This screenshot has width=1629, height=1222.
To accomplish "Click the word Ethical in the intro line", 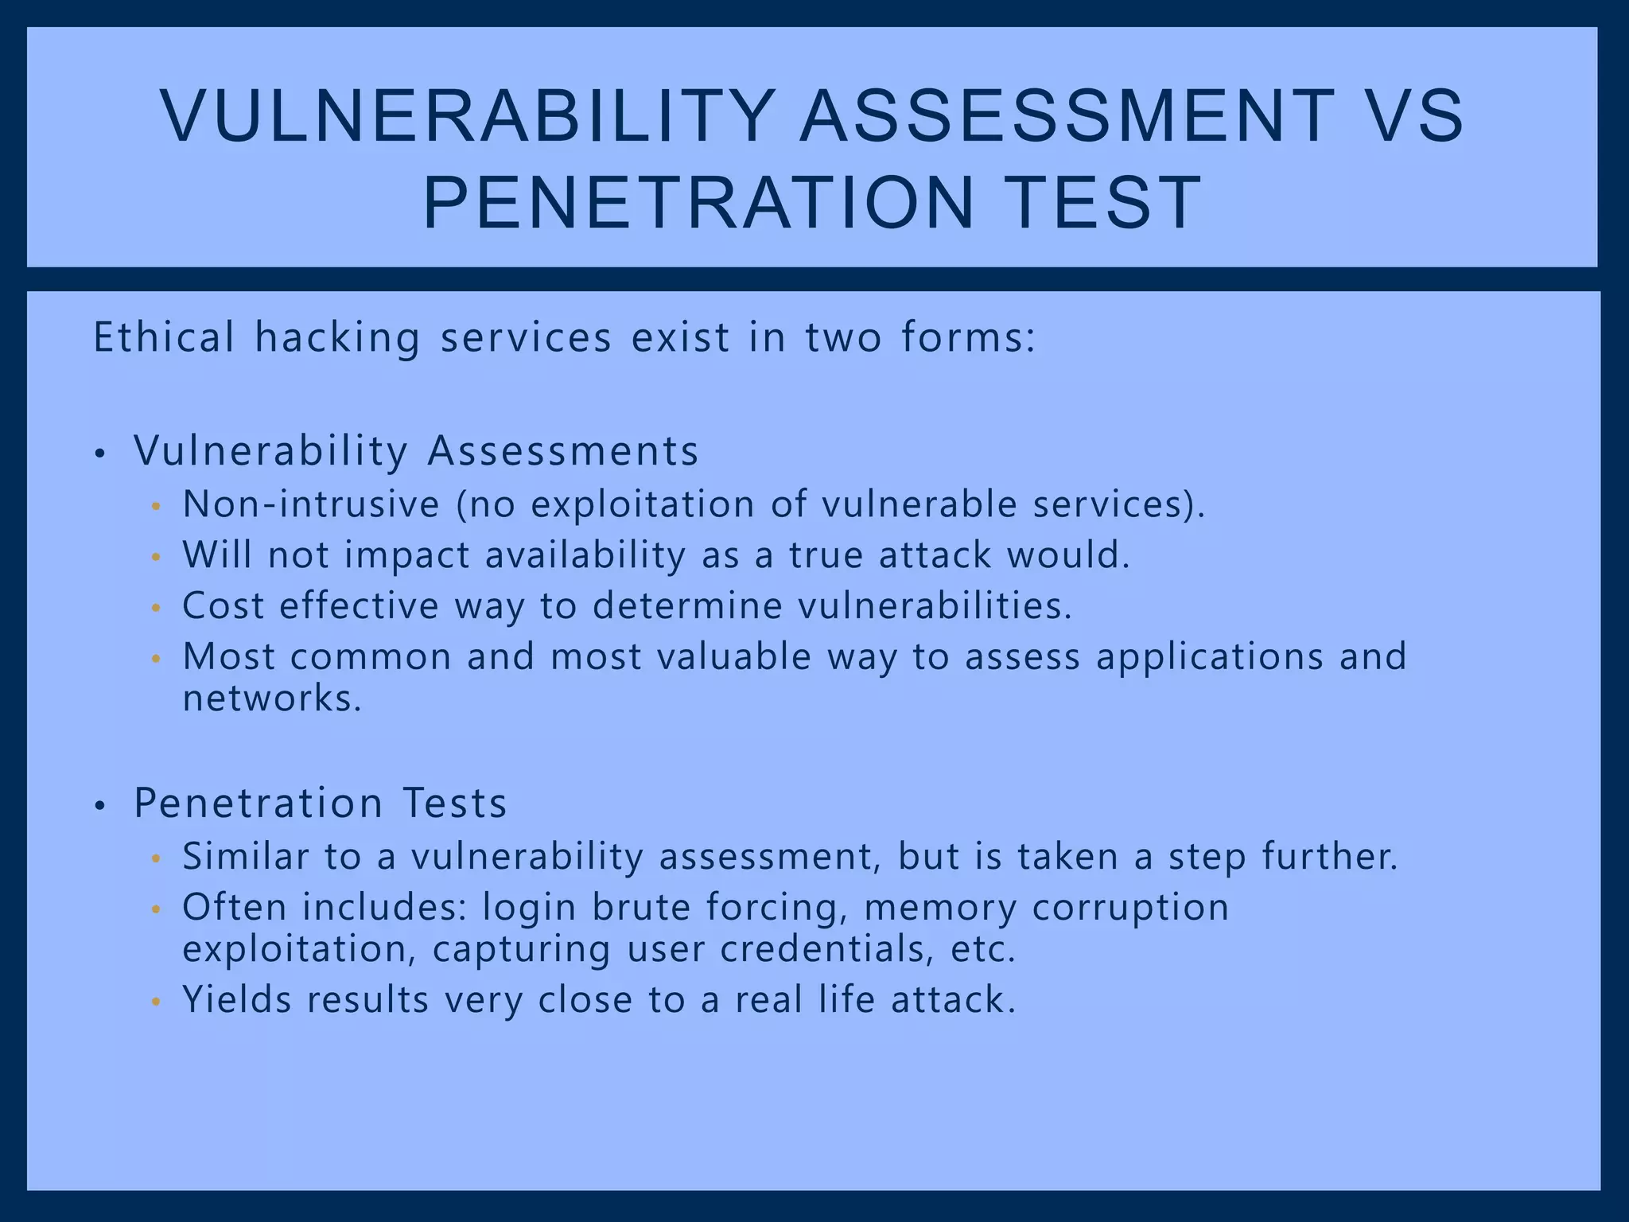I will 164,337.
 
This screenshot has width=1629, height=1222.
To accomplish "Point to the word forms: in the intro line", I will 969,337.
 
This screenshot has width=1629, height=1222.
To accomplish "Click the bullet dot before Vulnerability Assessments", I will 99,455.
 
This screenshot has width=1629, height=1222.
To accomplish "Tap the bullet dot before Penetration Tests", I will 99,807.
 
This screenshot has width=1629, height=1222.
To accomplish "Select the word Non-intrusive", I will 311,504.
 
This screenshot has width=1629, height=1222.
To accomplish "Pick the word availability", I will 585,555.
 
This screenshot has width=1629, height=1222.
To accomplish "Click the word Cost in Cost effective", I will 223,606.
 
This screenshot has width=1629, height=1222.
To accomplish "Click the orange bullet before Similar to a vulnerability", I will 156,859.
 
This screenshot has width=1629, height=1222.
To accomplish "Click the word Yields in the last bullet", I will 237,1000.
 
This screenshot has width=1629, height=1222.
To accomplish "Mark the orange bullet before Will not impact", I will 156,558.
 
